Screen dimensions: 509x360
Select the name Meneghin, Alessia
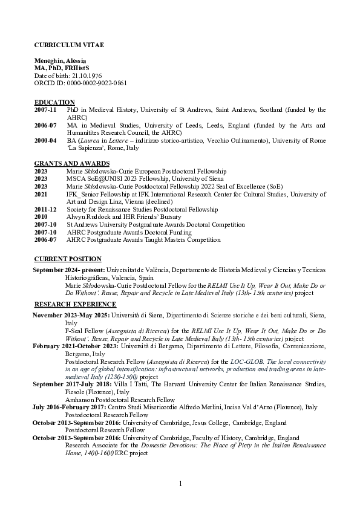[60, 61]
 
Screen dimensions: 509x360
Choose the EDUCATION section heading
[54, 102]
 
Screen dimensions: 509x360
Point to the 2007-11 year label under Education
[45, 109]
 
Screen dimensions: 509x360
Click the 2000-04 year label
[45, 140]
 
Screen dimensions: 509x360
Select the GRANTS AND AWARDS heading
[72, 164]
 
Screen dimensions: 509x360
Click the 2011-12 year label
[45, 209]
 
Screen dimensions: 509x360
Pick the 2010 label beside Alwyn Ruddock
[41, 216]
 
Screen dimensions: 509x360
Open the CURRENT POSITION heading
[68, 259]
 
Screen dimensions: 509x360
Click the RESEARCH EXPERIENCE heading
[75, 304]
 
